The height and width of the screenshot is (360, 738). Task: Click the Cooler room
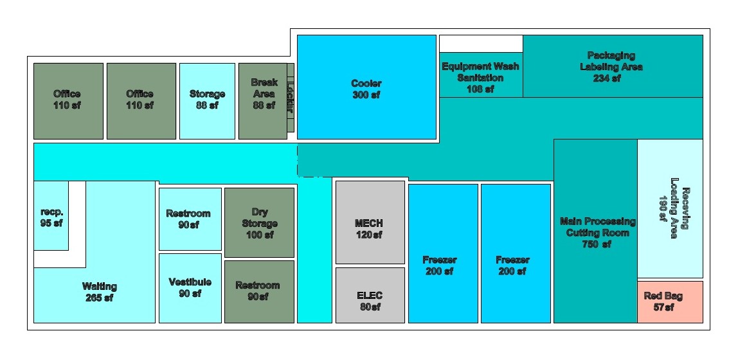[366, 87]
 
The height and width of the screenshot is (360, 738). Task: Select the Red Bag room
[670, 302]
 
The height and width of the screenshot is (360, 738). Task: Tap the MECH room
[370, 222]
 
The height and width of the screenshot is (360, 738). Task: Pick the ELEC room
[370, 296]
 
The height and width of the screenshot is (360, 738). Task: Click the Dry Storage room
[259, 222]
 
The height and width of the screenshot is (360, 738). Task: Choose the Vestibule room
[190, 289]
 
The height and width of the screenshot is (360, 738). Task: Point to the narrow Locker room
[291, 98]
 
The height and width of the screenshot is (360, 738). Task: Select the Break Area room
[263, 101]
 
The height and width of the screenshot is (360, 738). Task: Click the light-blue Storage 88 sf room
[207, 101]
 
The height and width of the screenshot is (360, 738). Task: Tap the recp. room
[51, 215]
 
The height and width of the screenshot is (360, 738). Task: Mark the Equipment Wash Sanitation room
[481, 75]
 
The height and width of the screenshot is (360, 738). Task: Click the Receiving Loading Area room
[670, 208]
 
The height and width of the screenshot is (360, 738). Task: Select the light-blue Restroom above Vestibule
[190, 219]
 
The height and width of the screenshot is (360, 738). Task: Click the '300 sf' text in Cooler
[366, 95]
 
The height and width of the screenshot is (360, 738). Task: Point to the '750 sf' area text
[597, 244]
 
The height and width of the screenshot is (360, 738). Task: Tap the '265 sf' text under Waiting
[99, 298]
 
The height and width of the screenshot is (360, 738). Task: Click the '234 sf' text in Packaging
[607, 78]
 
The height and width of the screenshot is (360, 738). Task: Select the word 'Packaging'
[611, 56]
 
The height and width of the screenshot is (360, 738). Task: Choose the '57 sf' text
[663, 307]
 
